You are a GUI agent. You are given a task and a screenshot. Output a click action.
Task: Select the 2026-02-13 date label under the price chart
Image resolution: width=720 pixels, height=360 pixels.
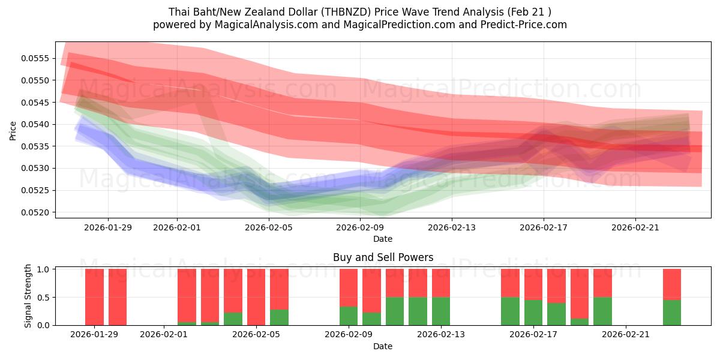[452, 227]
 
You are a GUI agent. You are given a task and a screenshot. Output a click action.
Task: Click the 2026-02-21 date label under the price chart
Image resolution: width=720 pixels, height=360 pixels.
[635, 227]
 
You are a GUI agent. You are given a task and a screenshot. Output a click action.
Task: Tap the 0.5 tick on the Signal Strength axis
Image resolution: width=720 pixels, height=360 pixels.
[44, 298]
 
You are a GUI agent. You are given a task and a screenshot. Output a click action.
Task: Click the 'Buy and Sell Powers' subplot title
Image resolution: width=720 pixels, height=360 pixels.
[383, 257]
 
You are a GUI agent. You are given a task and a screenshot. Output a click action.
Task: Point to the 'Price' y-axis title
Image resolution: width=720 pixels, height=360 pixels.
[13, 130]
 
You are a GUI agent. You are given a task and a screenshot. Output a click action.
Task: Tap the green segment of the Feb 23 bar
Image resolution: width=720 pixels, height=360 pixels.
[672, 313]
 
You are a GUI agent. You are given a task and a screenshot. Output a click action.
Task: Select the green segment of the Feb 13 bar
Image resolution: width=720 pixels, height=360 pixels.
[441, 311]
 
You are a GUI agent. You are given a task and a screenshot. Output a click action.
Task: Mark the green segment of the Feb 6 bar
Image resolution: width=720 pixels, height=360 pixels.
[279, 317]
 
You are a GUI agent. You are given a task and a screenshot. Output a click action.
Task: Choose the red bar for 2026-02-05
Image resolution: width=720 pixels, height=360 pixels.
[256, 297]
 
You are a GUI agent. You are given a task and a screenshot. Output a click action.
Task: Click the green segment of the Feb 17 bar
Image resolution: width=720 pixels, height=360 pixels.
[533, 313]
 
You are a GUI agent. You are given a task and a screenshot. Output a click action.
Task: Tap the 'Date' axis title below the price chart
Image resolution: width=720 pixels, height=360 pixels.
[383, 239]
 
